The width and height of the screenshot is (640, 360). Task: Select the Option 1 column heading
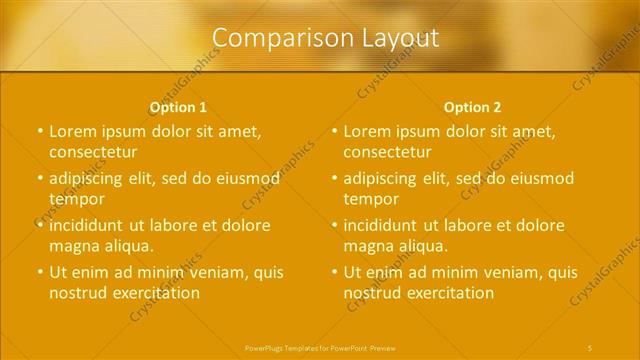pyautogui.click(x=178, y=107)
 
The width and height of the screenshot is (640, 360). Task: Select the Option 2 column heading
pyautogui.click(x=473, y=107)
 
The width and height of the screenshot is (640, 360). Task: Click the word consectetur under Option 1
pyautogui.click(x=93, y=152)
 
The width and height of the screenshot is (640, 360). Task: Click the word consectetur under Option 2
pyautogui.click(x=388, y=152)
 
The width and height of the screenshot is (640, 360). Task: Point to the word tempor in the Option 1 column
pyautogui.click(x=75, y=199)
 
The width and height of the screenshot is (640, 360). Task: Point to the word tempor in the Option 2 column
pyautogui.click(x=370, y=199)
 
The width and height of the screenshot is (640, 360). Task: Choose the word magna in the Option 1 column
pyautogui.click(x=73, y=245)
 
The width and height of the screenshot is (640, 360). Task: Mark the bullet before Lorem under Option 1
pyautogui.click(x=38, y=131)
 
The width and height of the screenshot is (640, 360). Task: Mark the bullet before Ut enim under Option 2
pyautogui.click(x=333, y=272)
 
